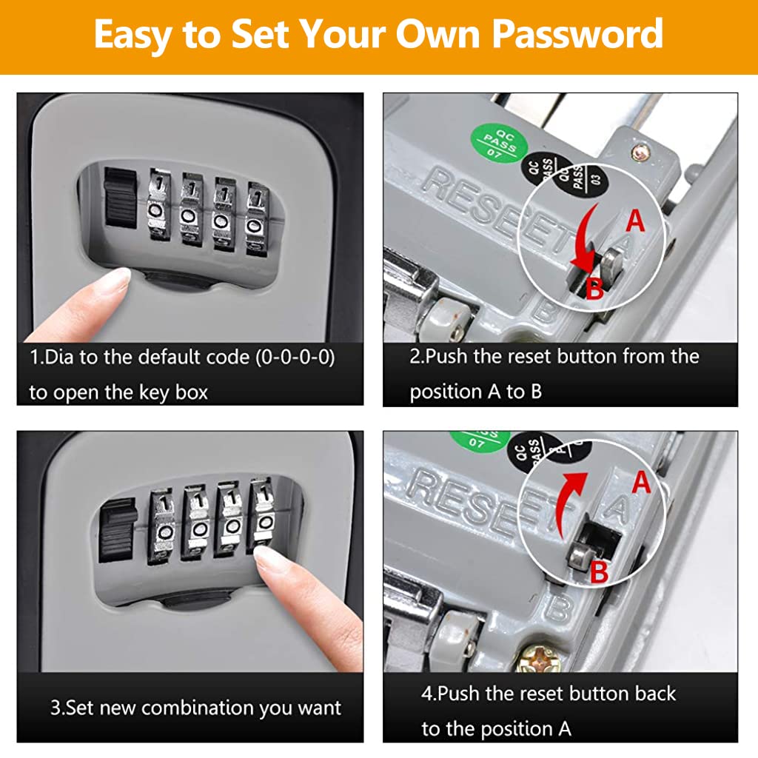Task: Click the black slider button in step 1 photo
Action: point(118,199)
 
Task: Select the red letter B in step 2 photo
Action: point(594,289)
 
